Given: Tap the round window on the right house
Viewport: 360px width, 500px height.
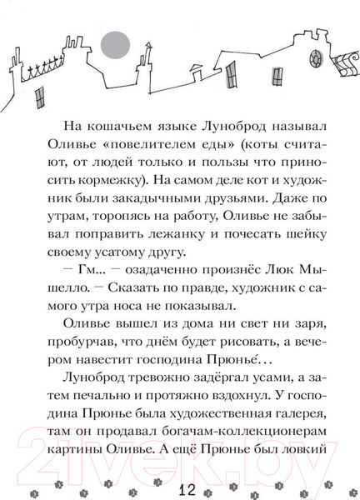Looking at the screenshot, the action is [x=317, y=60].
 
